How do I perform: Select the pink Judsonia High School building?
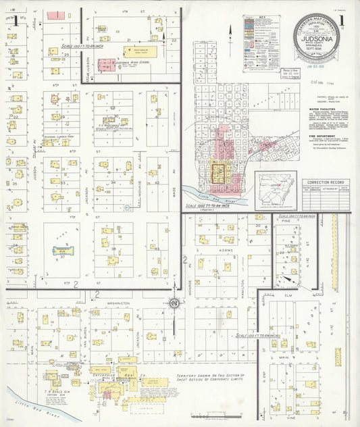coord(106,66)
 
